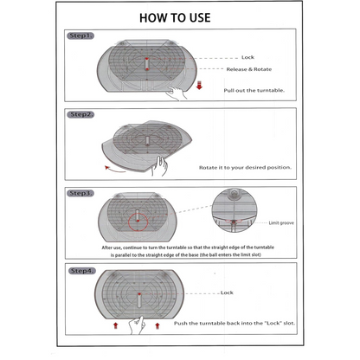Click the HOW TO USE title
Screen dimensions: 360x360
tap(175, 18)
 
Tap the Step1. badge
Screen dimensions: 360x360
tap(80, 35)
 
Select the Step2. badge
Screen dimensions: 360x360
tap(80, 114)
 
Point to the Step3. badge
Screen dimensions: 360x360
tap(80, 193)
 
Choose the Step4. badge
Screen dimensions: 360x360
tap(82, 271)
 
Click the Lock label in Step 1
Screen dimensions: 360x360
tap(247, 57)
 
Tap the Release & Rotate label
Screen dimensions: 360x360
tap(249, 69)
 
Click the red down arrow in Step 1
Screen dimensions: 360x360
tap(199, 86)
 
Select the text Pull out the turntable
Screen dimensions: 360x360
tap(254, 90)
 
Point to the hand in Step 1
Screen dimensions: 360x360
tap(177, 93)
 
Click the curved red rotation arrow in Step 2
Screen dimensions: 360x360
tap(114, 170)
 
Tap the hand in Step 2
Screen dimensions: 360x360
tap(159, 166)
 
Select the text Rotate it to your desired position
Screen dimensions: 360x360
tap(245, 168)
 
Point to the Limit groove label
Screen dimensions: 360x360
tap(281, 223)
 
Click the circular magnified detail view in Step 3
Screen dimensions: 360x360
tap(235, 211)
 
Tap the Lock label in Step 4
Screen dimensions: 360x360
tap(227, 292)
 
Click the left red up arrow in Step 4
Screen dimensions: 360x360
tap(116, 326)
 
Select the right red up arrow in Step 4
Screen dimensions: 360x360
tap(157, 326)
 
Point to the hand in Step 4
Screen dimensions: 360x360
tap(137, 325)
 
